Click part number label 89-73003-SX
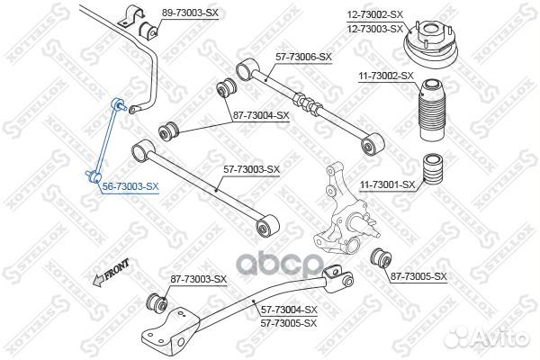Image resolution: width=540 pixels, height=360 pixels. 190,13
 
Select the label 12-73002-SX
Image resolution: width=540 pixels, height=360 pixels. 375,14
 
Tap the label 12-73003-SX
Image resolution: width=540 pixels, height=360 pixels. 375,29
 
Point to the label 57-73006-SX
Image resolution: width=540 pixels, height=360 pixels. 303,57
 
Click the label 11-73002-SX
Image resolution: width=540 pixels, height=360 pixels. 386,76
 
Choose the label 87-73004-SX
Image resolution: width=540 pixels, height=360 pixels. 261,115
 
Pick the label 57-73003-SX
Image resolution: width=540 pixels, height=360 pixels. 252,169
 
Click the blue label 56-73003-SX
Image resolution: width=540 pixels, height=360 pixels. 130,186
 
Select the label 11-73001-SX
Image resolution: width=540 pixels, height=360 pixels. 387,185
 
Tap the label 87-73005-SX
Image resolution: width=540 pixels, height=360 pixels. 418,276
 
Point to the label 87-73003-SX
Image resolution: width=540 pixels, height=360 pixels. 199,279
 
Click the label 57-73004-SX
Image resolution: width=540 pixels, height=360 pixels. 289,310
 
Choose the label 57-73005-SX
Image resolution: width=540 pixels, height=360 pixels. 289,323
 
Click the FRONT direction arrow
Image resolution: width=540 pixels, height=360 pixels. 111,274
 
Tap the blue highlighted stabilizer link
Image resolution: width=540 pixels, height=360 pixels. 106,141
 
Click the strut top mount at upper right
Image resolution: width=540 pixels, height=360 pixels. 430,46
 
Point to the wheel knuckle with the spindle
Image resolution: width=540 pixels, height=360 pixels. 345,213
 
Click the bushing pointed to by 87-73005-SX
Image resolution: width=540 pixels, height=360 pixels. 381,258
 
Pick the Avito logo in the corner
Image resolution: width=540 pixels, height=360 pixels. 486,337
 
